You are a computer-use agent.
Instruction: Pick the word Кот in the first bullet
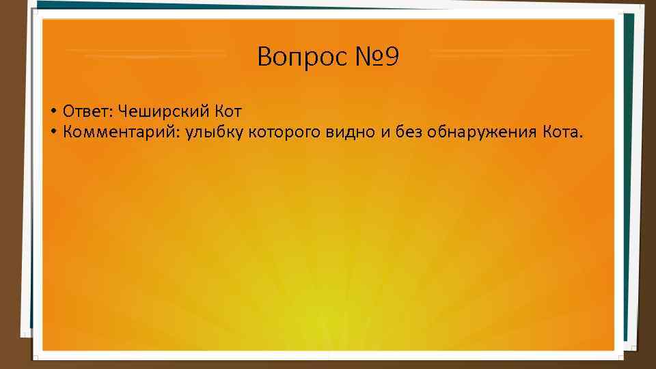click(x=228, y=111)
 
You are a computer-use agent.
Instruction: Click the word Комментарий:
click(x=120, y=132)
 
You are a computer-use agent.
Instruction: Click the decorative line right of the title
click(x=509, y=52)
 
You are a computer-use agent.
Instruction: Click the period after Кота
click(x=582, y=137)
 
